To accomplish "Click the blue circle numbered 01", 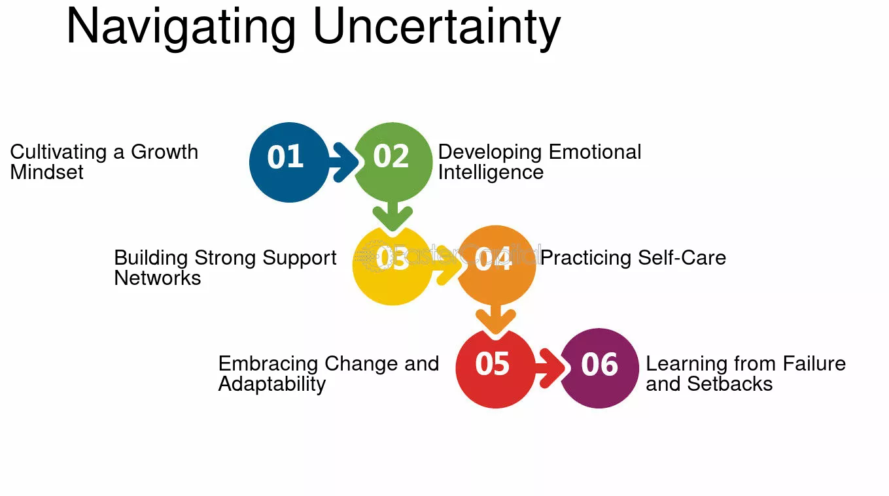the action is pos(289,162).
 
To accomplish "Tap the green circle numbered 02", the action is pos(392,162).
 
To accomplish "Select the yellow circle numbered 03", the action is pos(392,265).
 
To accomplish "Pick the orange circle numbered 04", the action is pos(496,265).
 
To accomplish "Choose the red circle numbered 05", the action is pos(495,369).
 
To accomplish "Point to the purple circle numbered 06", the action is pos(599,369).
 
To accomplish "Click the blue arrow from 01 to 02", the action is pos(345,162).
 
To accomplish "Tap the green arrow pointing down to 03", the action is pos(392,216).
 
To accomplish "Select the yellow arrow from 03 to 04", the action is pos(447,265).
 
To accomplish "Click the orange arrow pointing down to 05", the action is pos(496,319).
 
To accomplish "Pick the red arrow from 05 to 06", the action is pos(551,369).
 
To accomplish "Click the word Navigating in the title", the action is pos(181,27).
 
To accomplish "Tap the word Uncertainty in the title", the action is pos(437,27).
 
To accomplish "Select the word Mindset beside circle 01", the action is pos(47,172).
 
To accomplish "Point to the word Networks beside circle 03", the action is pos(158,278).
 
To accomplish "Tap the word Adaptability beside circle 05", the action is pos(272,384).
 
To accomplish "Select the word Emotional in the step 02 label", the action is pos(595,152).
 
